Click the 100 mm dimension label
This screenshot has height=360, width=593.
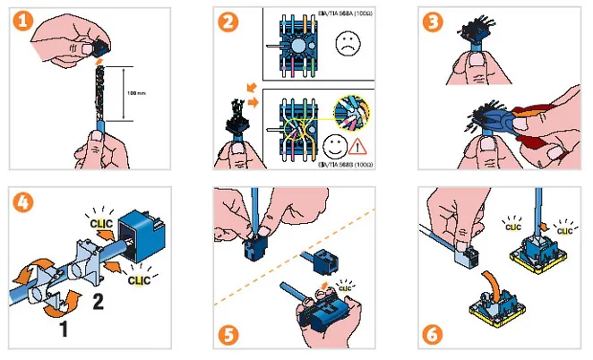pos(136,92)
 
